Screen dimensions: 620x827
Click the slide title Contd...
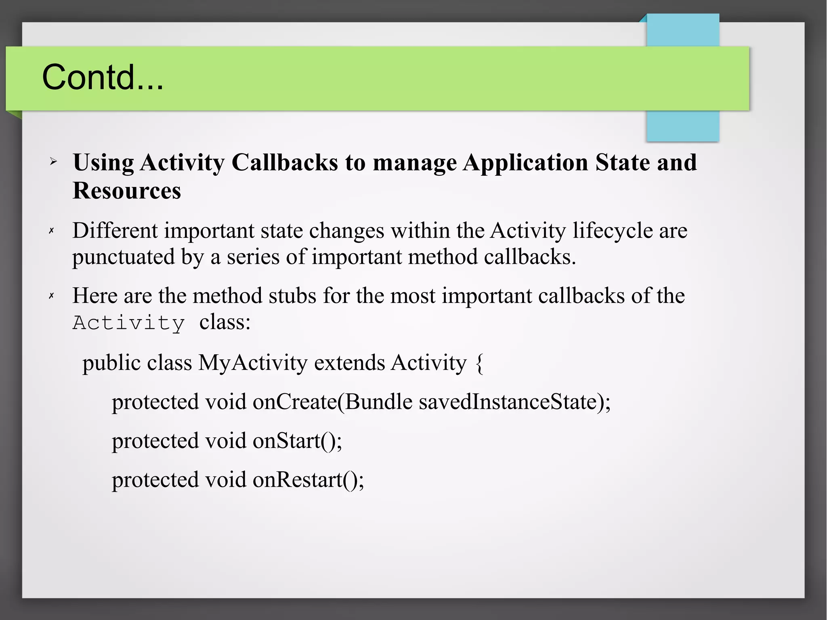coord(103,77)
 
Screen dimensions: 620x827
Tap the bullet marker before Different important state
coord(51,231)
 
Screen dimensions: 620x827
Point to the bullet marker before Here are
coord(51,296)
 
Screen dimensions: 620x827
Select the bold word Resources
coord(127,191)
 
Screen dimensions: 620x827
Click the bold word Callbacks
coord(285,162)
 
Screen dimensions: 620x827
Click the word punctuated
coord(124,257)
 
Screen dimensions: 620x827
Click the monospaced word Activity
coord(129,323)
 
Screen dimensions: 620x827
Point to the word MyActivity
coord(253,362)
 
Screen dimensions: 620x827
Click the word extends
coord(349,362)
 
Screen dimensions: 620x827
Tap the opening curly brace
coord(479,363)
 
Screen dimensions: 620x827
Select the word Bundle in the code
coord(378,401)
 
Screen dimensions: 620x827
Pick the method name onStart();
coord(297,440)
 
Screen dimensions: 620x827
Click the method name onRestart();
coord(308,479)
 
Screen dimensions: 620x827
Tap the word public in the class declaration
coord(111,363)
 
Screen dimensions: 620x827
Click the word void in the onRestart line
coord(225,479)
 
